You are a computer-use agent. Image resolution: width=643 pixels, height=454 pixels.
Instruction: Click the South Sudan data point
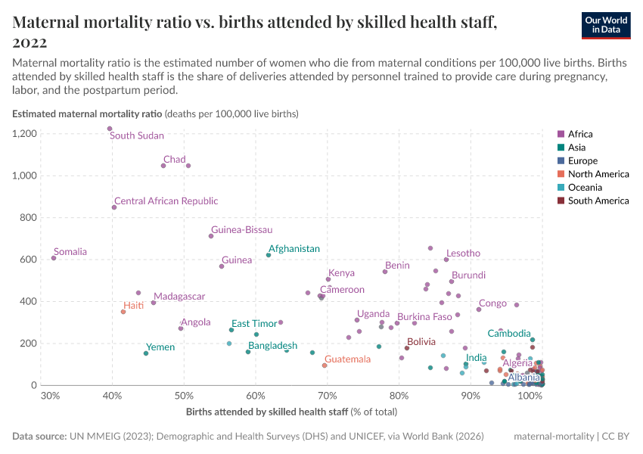coord(110,129)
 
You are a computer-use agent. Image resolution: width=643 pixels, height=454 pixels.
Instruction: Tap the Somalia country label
coord(70,252)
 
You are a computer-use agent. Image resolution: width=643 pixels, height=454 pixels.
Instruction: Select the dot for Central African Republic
coord(114,207)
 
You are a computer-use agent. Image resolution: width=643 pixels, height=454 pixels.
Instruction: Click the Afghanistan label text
coord(294,249)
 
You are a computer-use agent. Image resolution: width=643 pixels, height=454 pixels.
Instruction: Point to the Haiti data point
coord(123,312)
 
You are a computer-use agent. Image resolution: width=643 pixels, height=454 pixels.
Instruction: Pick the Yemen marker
coord(146,353)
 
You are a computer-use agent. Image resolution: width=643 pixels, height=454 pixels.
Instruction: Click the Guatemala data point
coord(325,365)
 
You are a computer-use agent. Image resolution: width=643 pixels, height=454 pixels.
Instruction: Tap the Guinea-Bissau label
coord(241,230)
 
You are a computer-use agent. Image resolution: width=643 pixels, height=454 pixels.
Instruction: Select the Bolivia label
coord(421,342)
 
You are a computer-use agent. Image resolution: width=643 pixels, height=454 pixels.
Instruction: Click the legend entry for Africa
coord(580,134)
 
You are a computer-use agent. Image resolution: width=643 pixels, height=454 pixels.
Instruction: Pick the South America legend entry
coord(598,201)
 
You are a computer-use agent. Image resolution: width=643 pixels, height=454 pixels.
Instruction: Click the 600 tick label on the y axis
coord(30,260)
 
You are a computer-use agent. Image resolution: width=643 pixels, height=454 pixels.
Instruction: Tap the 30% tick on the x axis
coord(51,396)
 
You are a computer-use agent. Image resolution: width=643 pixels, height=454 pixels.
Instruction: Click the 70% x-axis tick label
coord(328,396)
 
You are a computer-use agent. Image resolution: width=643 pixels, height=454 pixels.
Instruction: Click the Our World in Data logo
coord(606,25)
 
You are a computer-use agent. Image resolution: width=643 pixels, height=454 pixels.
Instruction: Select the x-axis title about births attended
coord(291,412)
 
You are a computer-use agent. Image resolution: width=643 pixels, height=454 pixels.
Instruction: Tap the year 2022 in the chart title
coord(30,42)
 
